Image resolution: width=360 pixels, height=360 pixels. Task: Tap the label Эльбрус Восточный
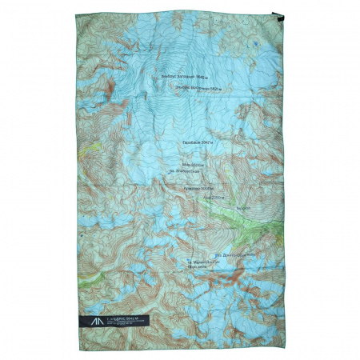(189, 88)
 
